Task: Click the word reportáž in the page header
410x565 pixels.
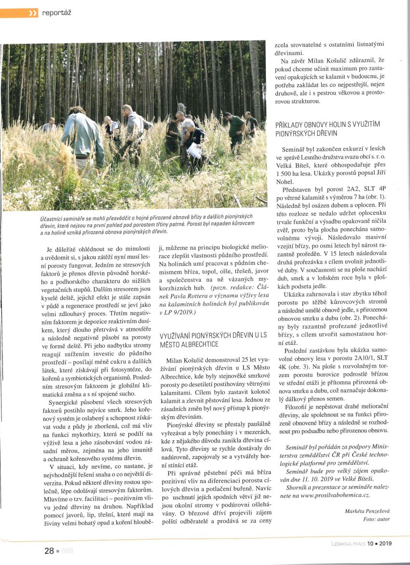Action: (x=56, y=13)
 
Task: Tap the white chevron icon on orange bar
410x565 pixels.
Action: (x=33, y=13)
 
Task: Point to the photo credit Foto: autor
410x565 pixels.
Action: (x=377, y=519)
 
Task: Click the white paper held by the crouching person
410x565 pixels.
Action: (x=194, y=151)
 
